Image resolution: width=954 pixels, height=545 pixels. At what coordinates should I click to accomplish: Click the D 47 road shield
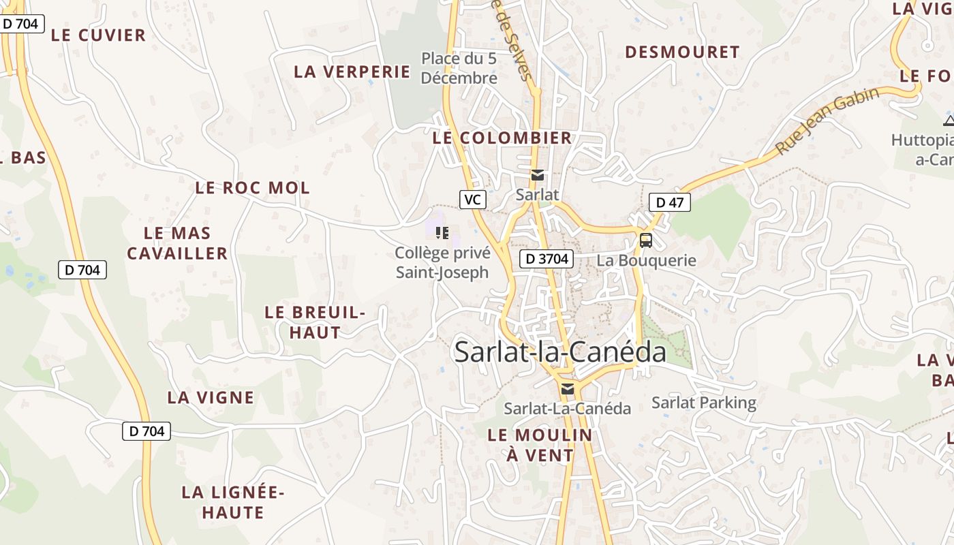(669, 202)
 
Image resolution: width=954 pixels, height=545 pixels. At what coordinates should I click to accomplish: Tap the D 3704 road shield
(546, 259)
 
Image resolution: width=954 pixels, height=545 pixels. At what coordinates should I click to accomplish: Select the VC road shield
(473, 200)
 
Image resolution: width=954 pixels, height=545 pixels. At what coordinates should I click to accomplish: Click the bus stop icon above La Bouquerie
(645, 240)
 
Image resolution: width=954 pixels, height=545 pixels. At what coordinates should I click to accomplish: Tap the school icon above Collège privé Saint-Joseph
(442, 233)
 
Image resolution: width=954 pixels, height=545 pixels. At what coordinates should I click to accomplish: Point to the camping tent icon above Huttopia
(949, 121)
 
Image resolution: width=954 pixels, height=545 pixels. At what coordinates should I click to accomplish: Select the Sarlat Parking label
(704, 403)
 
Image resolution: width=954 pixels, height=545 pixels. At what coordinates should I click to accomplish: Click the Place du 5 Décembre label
(459, 68)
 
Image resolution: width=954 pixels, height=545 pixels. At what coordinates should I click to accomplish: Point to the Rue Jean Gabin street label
(827, 121)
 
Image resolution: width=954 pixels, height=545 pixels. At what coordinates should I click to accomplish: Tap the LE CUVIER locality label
(98, 35)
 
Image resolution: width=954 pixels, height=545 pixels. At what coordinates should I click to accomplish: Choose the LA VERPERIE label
(352, 72)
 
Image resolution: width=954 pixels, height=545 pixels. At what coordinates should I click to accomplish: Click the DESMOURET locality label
(682, 52)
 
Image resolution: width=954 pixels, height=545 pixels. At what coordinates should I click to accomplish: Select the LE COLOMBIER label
(502, 138)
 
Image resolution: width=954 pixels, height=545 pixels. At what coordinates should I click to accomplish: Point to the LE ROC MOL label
(252, 187)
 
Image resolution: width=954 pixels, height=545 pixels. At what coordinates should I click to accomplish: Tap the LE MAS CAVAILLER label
(177, 243)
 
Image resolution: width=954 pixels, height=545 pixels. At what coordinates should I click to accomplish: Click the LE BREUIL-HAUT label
(315, 322)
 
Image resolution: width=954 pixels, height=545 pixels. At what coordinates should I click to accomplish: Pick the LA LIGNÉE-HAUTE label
(232, 502)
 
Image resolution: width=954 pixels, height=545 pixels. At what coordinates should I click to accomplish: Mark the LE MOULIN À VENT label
(540, 445)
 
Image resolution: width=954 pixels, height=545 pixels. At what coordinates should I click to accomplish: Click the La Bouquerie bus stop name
(646, 260)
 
